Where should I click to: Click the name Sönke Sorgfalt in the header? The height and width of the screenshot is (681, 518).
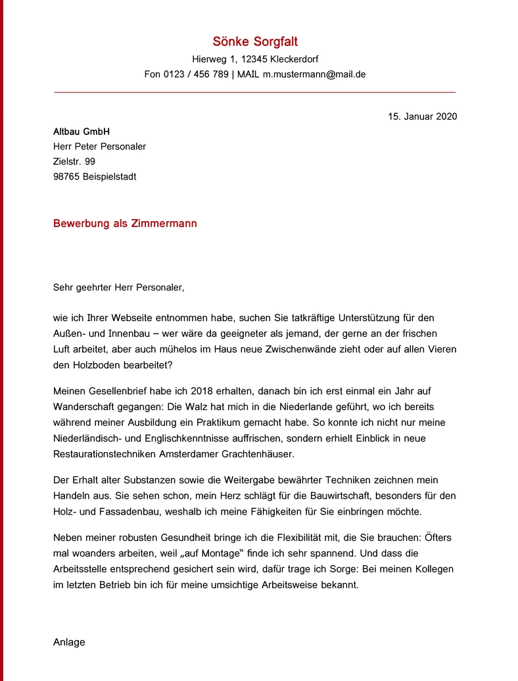(x=255, y=42)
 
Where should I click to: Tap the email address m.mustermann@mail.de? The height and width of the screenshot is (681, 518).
(x=314, y=74)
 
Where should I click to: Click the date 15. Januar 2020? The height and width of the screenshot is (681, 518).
(x=422, y=116)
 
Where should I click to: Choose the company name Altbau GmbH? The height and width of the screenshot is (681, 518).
(x=82, y=132)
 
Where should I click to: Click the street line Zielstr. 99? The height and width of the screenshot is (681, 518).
(x=74, y=161)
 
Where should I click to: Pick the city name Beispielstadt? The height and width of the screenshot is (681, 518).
(x=110, y=176)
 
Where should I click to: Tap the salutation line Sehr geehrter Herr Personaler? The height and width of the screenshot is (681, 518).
(x=119, y=287)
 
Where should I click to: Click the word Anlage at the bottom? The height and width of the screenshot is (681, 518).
(x=69, y=642)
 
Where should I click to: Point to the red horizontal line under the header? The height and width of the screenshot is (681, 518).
(x=255, y=93)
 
